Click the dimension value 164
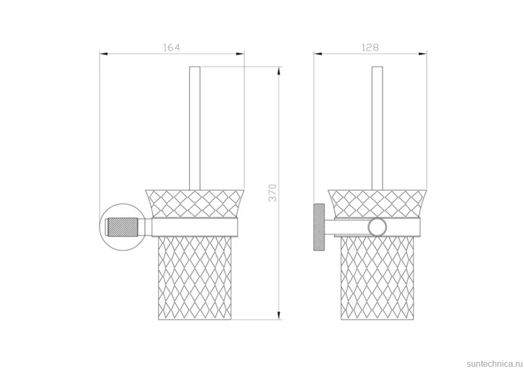pyautogui.click(x=171, y=48)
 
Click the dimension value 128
pyautogui.click(x=370, y=48)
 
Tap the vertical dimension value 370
pyautogui.click(x=273, y=192)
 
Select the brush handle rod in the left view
pyautogui.click(x=195, y=129)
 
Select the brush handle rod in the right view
pyautogui.click(x=377, y=129)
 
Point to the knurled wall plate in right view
pyautogui.click(x=319, y=227)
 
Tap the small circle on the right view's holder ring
pyautogui.click(x=377, y=227)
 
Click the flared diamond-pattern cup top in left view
pyautogui.click(x=195, y=204)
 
